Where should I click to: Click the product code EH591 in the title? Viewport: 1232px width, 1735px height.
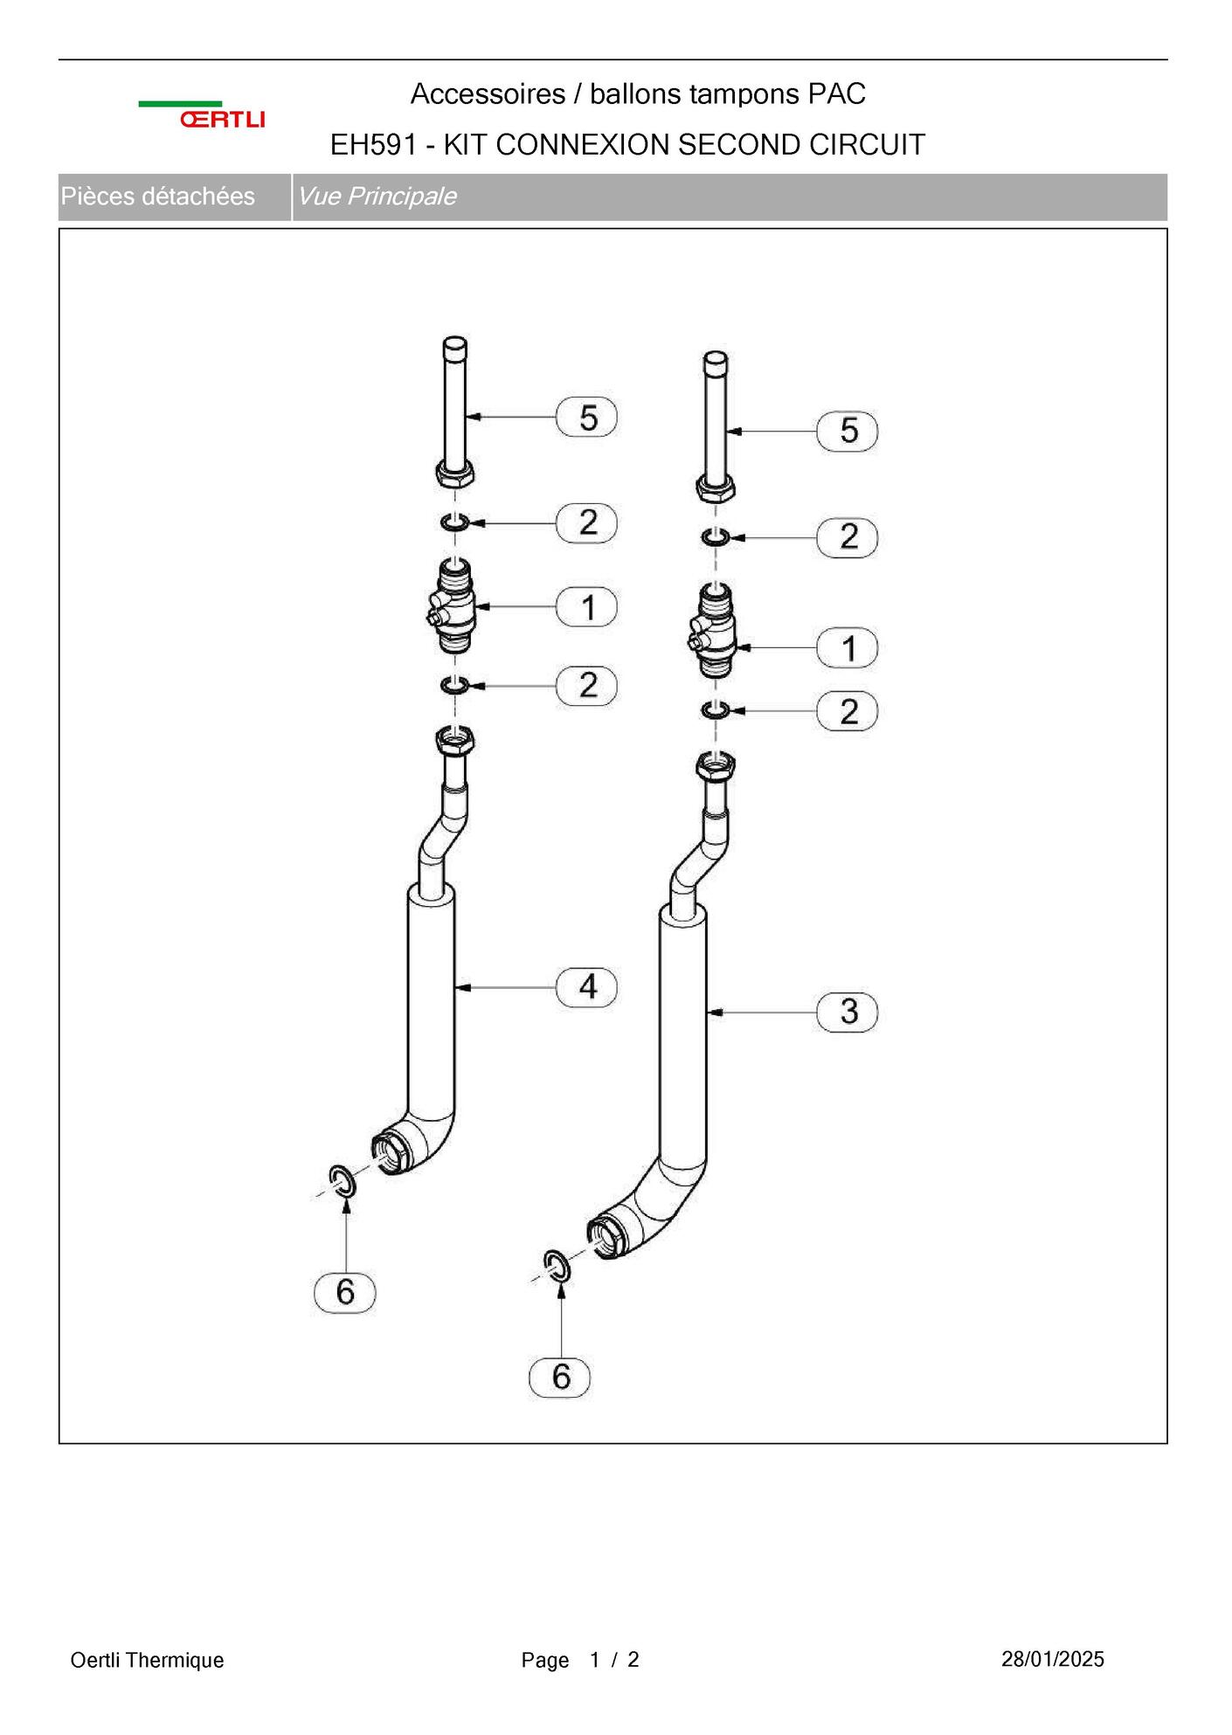[373, 145]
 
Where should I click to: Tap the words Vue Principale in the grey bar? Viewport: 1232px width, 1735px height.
[377, 197]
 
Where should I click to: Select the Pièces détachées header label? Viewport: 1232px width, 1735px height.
[157, 197]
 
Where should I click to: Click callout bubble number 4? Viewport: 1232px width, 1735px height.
[587, 987]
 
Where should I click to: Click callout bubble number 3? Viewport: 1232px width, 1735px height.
[848, 1013]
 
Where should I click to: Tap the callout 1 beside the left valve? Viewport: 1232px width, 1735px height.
[587, 607]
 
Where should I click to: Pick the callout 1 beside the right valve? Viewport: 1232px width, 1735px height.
[848, 648]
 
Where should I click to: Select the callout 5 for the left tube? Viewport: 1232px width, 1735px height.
[587, 417]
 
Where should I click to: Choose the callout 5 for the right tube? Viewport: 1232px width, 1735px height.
[848, 432]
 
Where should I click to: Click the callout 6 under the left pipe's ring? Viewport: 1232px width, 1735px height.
[345, 1292]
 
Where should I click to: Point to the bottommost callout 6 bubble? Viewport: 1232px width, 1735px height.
[560, 1378]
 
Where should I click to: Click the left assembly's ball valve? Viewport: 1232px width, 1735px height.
[452, 605]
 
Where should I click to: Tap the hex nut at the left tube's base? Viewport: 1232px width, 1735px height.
[454, 473]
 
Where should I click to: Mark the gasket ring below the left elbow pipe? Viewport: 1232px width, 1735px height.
[342, 1181]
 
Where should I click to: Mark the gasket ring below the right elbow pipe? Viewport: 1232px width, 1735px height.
[557, 1267]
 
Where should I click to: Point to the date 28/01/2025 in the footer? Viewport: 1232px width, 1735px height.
[1053, 1659]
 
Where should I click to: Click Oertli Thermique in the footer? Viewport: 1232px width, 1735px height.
[147, 1660]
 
